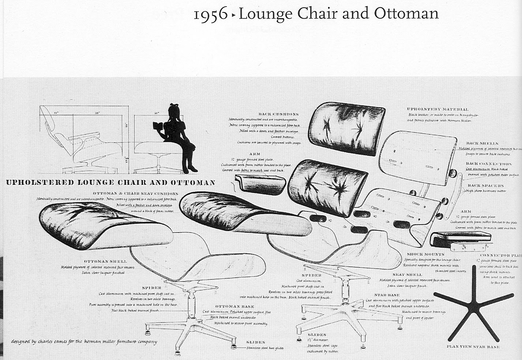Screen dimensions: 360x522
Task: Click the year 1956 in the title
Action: (210, 15)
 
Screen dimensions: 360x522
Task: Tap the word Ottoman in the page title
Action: (406, 14)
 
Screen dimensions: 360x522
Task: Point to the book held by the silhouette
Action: (158, 126)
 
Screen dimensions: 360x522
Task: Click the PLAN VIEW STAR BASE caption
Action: (473, 346)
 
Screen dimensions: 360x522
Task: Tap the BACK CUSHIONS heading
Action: (278, 114)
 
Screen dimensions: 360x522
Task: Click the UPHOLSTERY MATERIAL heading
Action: (437, 109)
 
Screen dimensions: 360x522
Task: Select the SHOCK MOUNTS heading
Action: (425, 254)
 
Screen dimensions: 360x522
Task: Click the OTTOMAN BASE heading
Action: (234, 306)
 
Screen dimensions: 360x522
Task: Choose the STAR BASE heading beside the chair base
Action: (387, 295)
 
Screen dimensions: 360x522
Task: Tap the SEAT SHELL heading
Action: (407, 274)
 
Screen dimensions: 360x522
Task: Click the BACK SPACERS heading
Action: (485, 185)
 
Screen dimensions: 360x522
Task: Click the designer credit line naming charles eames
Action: (84, 342)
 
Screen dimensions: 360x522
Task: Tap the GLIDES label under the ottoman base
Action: (256, 342)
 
